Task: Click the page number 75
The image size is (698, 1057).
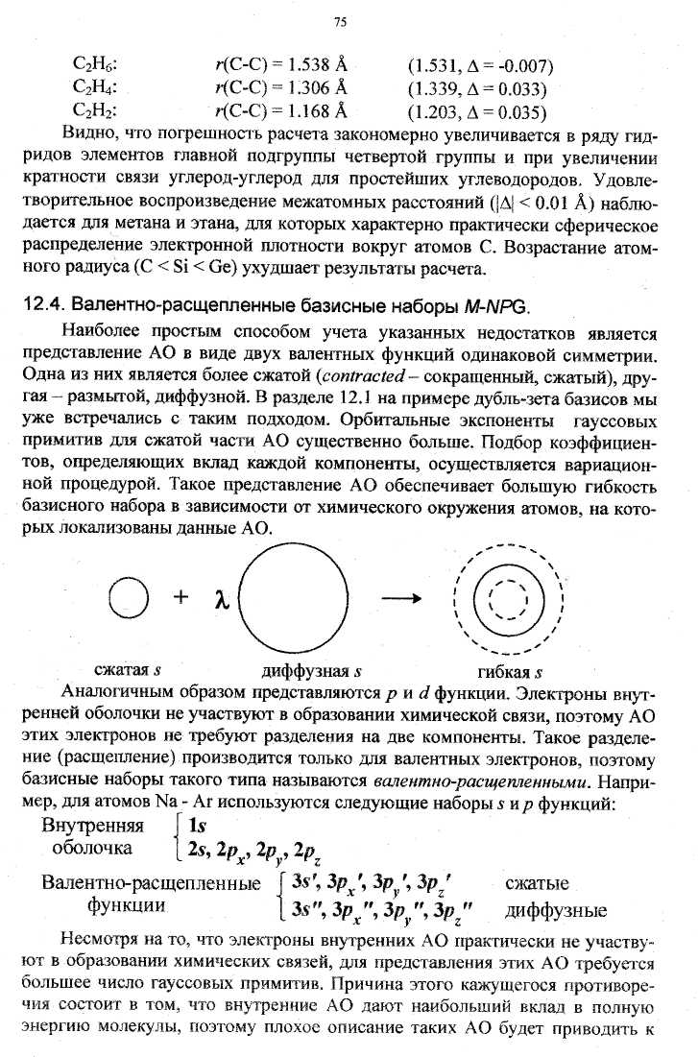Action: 340,23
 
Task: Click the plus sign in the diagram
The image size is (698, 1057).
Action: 180,599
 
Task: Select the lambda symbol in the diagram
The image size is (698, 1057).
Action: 219,601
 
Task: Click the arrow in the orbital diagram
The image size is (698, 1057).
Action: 401,599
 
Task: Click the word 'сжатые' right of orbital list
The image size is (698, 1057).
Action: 536,883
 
